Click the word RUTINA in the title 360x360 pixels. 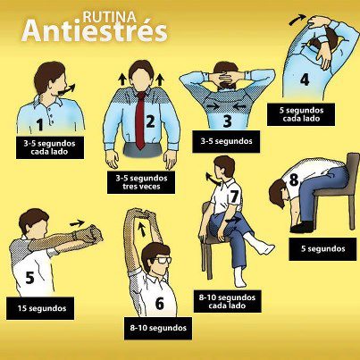pos(109,17)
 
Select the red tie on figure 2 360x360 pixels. pos(140,120)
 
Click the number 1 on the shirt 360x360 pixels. pos(39,124)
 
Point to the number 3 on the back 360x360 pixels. pos(228,121)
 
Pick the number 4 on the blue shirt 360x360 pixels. pos(305,80)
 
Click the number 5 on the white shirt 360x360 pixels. pos(30,278)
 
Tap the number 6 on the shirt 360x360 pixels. pos(160,304)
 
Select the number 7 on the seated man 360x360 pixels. pos(234,197)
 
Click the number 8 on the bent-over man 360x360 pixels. pos(294,180)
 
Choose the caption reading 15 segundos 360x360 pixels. pos(41,308)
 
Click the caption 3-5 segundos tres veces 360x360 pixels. pos(141,182)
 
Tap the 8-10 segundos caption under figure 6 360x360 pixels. pos(158,328)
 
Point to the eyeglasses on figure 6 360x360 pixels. pos(163,260)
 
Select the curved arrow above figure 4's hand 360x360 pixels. pos(297,20)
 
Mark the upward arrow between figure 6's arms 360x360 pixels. pos(143,229)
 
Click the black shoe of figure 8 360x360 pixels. pos(302,227)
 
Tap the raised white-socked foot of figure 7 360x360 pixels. pos(262,247)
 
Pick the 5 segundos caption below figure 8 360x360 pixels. pos(322,249)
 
